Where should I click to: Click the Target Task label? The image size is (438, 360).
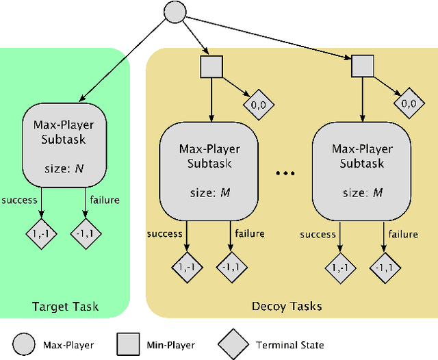[x=66, y=307]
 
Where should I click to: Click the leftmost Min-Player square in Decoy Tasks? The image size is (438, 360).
[x=209, y=66]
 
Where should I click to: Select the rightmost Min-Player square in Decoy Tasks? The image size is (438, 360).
[x=362, y=66]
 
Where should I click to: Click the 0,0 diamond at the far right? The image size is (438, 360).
[x=408, y=103]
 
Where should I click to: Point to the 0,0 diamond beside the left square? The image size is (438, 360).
[x=255, y=103]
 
